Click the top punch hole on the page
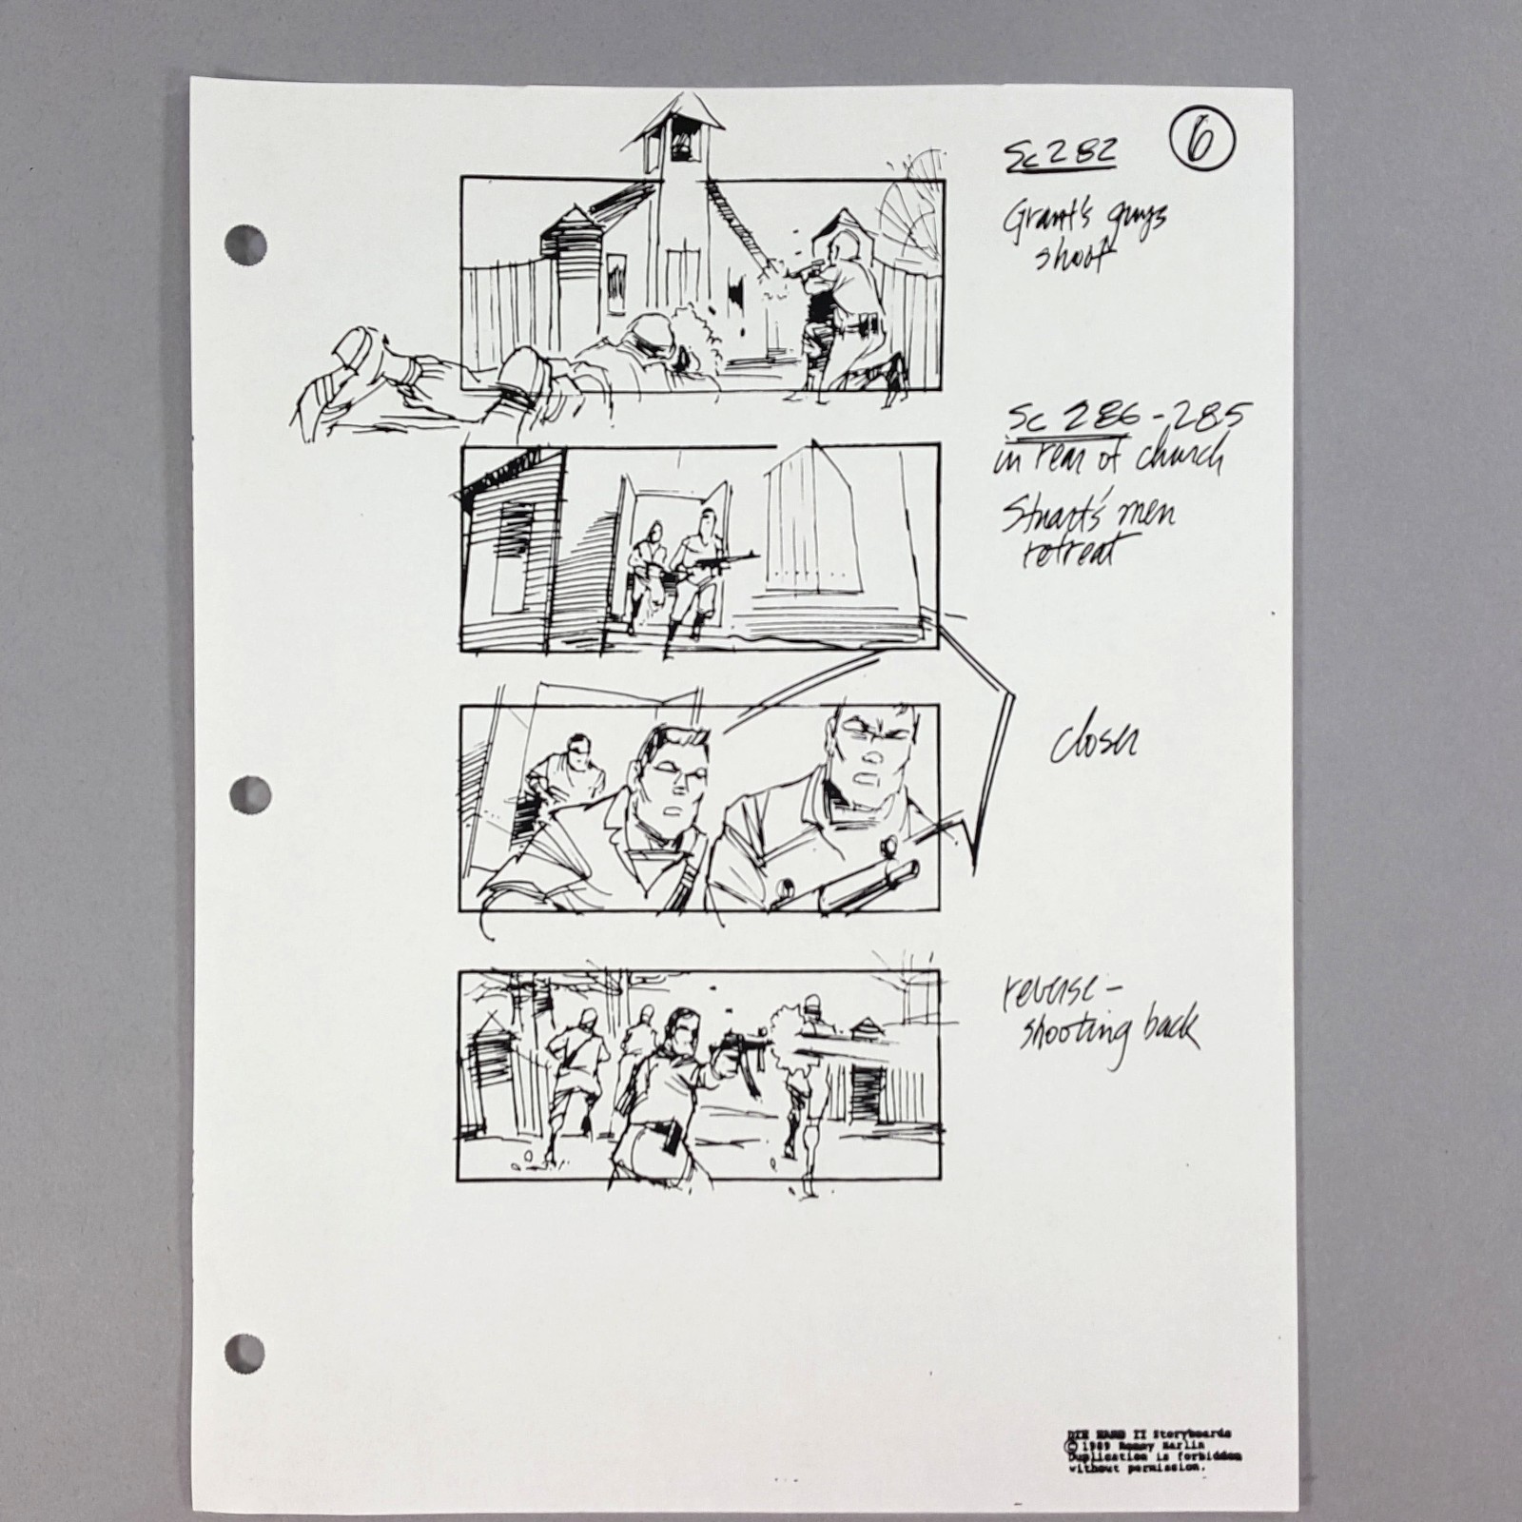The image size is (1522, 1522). pyautogui.click(x=244, y=244)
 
